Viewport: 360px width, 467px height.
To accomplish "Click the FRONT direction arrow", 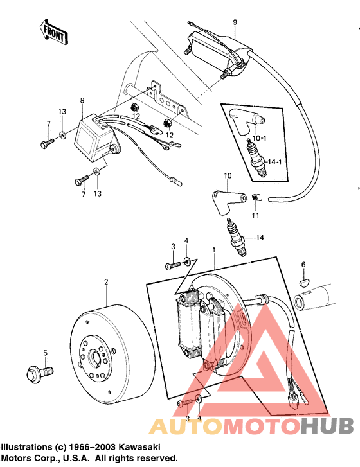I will [x=53, y=31].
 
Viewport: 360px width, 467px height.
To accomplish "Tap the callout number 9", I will [x=235, y=22].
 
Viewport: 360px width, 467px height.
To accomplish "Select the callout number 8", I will [x=82, y=100].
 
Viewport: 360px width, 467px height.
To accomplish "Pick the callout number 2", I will [x=107, y=282].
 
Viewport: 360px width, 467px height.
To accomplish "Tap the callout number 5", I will [x=45, y=353].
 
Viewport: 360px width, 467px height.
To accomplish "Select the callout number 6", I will [x=303, y=263].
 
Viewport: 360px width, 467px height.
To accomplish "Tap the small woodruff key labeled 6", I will [x=304, y=279].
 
